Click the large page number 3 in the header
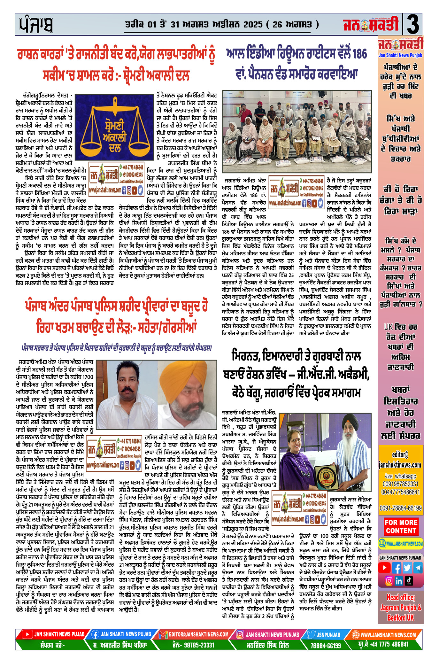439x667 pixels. tap(412, 25)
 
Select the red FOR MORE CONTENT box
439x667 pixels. tap(401, 527)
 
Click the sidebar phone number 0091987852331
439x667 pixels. tap(400, 484)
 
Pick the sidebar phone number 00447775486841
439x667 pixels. tap(400, 492)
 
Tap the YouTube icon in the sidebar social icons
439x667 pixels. tap(384, 568)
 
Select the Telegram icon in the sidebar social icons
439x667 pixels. tap(418, 568)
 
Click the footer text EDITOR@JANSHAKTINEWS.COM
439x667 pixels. tap(198, 634)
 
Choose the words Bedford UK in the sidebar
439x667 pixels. tap(401, 618)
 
